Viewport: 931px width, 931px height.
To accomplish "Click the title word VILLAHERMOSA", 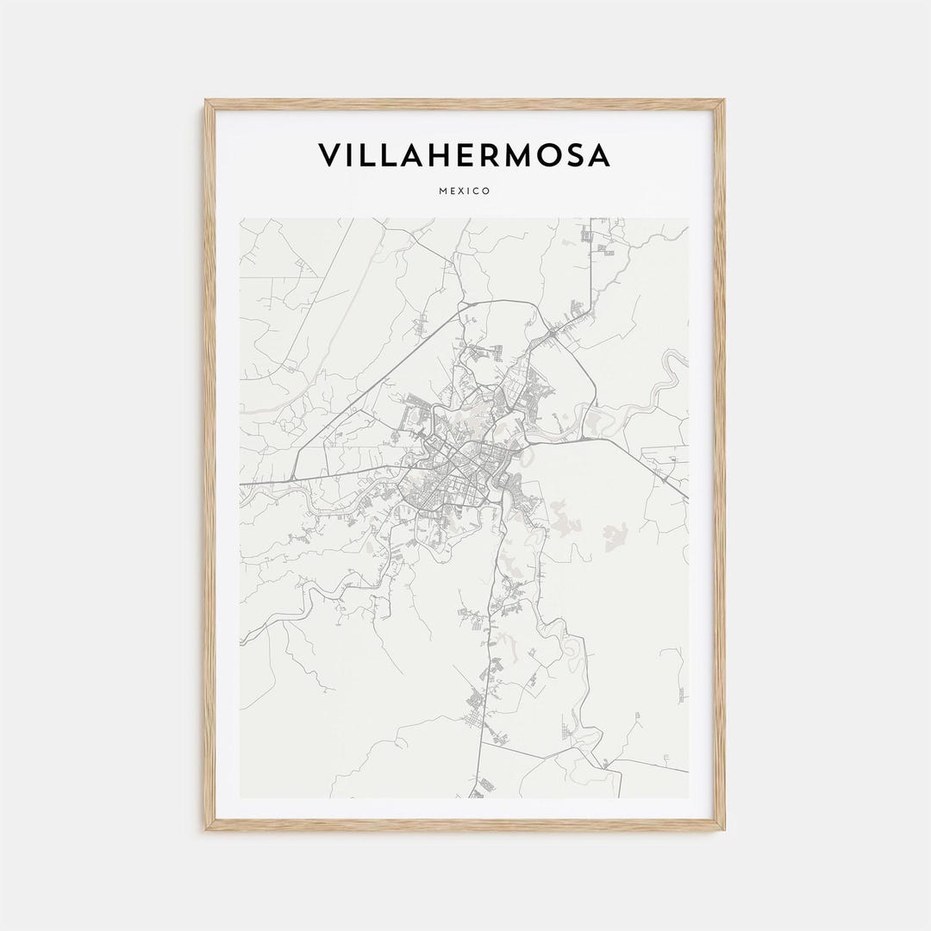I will (x=465, y=155).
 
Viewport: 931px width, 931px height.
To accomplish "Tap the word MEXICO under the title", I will (x=465, y=191).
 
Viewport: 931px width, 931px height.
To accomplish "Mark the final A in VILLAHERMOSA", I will (x=598, y=155).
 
